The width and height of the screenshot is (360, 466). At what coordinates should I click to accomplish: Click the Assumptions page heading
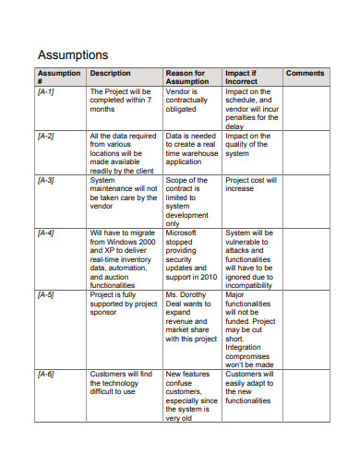(x=72, y=54)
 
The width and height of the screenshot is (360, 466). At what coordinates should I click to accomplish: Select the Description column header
(x=111, y=74)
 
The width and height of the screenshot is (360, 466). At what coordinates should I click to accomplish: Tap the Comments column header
(x=306, y=74)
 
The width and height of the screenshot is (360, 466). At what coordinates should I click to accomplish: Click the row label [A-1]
(x=46, y=92)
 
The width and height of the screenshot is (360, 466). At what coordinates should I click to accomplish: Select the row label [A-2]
(x=46, y=137)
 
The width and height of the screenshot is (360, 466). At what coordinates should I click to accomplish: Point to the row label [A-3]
(x=46, y=181)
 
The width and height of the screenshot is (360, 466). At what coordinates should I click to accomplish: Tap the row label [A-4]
(x=46, y=233)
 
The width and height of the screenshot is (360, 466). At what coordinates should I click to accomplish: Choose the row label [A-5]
(x=46, y=295)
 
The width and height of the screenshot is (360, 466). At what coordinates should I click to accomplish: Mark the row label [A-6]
(x=46, y=374)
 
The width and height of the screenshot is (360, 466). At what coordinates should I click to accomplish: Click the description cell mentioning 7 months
(x=120, y=101)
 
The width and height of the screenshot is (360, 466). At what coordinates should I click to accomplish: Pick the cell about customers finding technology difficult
(x=121, y=382)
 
